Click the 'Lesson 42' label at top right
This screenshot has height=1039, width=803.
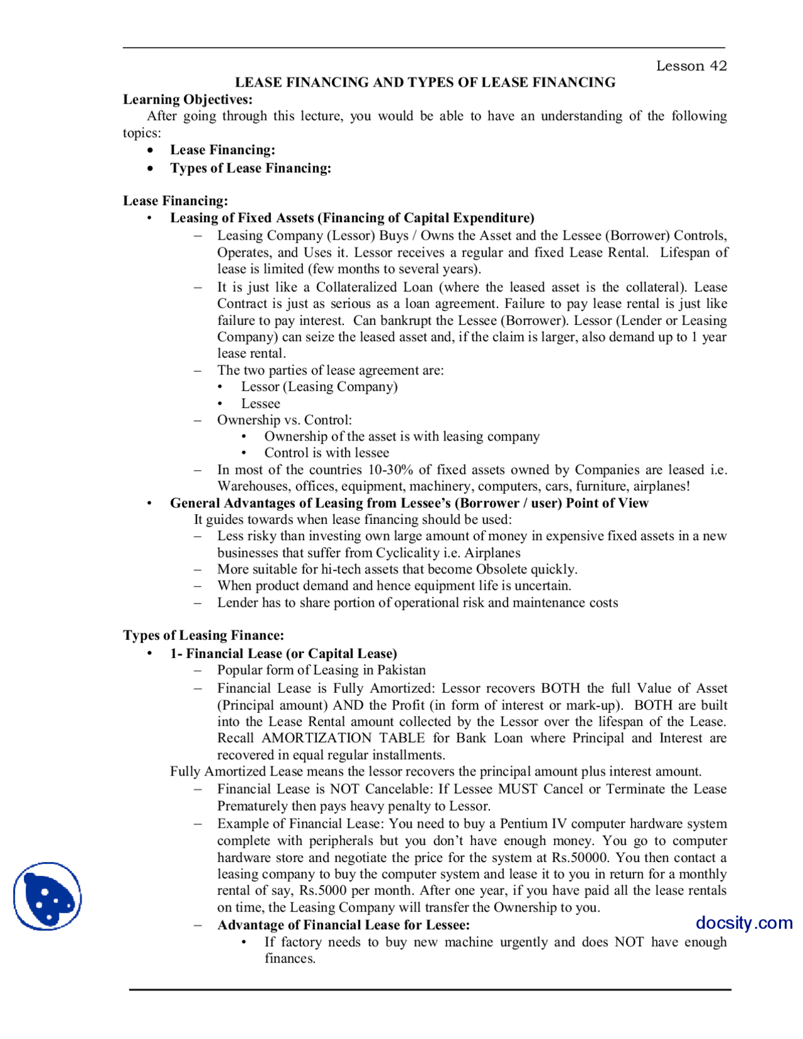point(691,66)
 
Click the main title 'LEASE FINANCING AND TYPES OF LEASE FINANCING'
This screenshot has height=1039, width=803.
point(425,82)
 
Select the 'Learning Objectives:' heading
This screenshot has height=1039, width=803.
point(188,99)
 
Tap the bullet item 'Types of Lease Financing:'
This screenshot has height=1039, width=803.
point(250,168)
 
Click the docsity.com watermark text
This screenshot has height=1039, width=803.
point(743,922)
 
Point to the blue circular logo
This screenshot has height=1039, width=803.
point(48,896)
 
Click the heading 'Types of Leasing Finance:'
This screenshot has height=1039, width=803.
point(203,635)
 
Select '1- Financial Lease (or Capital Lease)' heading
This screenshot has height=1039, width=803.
point(283,653)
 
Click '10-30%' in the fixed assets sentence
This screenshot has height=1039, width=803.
point(390,469)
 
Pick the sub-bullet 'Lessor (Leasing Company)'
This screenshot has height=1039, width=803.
point(319,386)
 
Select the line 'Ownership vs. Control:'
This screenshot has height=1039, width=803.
point(284,420)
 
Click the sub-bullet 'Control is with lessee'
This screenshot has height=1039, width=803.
point(326,452)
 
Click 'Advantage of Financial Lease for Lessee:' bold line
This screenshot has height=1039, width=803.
point(343,925)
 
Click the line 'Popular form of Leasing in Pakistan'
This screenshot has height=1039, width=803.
point(321,669)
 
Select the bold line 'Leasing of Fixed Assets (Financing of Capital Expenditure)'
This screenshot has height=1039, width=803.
point(352,218)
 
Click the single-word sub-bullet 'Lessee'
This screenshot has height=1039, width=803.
point(260,403)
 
